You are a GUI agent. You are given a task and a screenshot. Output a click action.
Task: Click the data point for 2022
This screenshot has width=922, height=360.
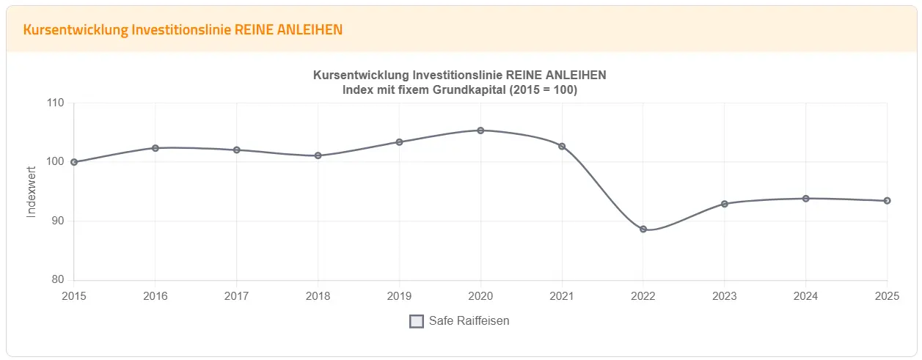(643, 229)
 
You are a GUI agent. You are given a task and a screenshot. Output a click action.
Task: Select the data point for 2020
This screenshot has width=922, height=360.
(480, 131)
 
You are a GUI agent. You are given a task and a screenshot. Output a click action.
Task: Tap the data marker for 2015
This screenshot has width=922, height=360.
(74, 162)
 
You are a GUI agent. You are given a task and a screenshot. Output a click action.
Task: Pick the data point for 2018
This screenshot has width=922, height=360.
(318, 155)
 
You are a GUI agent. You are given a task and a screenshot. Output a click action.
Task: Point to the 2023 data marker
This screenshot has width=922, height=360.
(725, 204)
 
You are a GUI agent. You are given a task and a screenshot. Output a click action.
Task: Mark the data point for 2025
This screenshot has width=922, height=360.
(887, 201)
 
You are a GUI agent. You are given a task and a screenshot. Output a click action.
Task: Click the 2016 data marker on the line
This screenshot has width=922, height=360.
(156, 148)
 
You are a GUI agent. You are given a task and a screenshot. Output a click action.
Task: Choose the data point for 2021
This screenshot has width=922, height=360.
(562, 146)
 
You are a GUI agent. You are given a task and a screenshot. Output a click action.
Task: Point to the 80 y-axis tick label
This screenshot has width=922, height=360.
(57, 280)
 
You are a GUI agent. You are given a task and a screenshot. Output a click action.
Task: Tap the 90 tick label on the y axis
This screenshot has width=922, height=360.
(57, 221)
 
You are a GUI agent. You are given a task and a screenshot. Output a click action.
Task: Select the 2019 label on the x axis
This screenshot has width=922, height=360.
(399, 296)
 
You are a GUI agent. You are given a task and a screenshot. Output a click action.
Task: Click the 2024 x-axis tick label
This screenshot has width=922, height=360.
(805, 296)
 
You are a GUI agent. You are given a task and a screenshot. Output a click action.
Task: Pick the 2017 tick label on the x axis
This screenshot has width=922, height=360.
(236, 296)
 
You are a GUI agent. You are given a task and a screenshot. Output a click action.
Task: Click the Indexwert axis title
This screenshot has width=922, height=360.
(32, 191)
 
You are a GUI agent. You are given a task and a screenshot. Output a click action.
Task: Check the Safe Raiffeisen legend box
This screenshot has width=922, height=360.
(417, 321)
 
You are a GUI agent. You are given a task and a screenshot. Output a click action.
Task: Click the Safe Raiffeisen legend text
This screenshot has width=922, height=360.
(469, 321)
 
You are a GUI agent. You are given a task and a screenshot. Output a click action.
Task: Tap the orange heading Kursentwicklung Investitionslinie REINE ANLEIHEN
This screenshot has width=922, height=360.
(183, 29)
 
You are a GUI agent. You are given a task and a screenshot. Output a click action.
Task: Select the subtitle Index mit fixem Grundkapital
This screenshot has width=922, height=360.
(460, 90)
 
